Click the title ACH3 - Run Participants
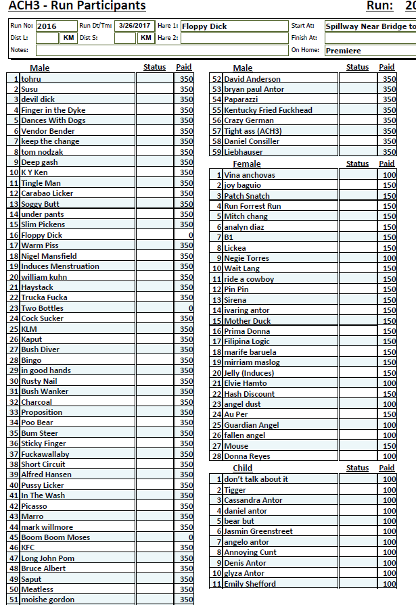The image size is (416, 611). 77,6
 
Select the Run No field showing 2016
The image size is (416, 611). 55,26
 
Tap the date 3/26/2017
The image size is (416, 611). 135,26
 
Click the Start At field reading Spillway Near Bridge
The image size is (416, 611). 370,26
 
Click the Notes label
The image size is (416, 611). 19,50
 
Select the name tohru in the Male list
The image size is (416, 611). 31,78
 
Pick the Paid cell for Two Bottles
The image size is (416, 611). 184,308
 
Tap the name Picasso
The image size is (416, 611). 34,506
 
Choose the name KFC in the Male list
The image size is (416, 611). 28,547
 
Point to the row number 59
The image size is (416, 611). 217,152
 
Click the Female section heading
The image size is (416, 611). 246,164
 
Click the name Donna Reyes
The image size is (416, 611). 247,456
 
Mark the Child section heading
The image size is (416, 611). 242,468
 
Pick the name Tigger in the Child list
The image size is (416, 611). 235,490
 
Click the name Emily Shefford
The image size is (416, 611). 250,584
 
